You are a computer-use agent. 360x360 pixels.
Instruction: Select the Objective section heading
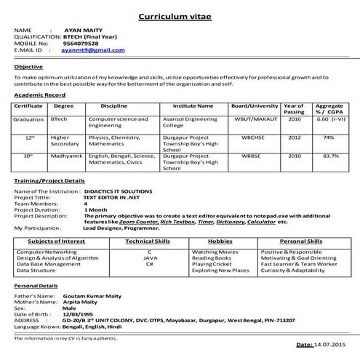point(28,66)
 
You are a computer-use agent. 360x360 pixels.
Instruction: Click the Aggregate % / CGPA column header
point(329,108)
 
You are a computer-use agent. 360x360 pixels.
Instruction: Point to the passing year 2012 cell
point(294,137)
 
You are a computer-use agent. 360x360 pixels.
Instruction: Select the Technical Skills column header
point(148,240)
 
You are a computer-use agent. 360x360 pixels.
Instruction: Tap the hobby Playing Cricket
point(212,264)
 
